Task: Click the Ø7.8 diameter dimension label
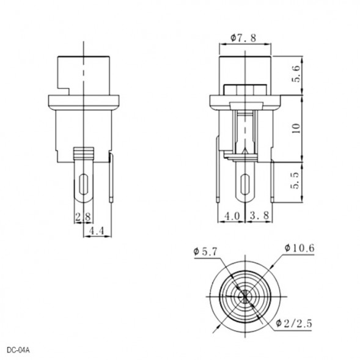tap(243, 38)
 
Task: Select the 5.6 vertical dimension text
tap(296, 74)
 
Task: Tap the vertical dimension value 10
tap(296, 128)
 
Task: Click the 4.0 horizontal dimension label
tap(232, 216)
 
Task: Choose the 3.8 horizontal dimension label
tap(259, 216)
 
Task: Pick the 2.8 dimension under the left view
tap(83, 217)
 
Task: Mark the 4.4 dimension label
tap(97, 231)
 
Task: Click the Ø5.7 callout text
tap(205, 252)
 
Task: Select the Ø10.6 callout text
tap(299, 248)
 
